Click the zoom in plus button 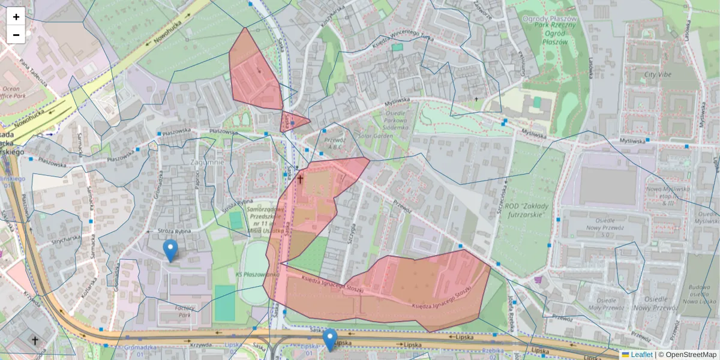(16, 17)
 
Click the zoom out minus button (16, 35)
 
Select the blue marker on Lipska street (329, 340)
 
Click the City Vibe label (658, 75)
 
